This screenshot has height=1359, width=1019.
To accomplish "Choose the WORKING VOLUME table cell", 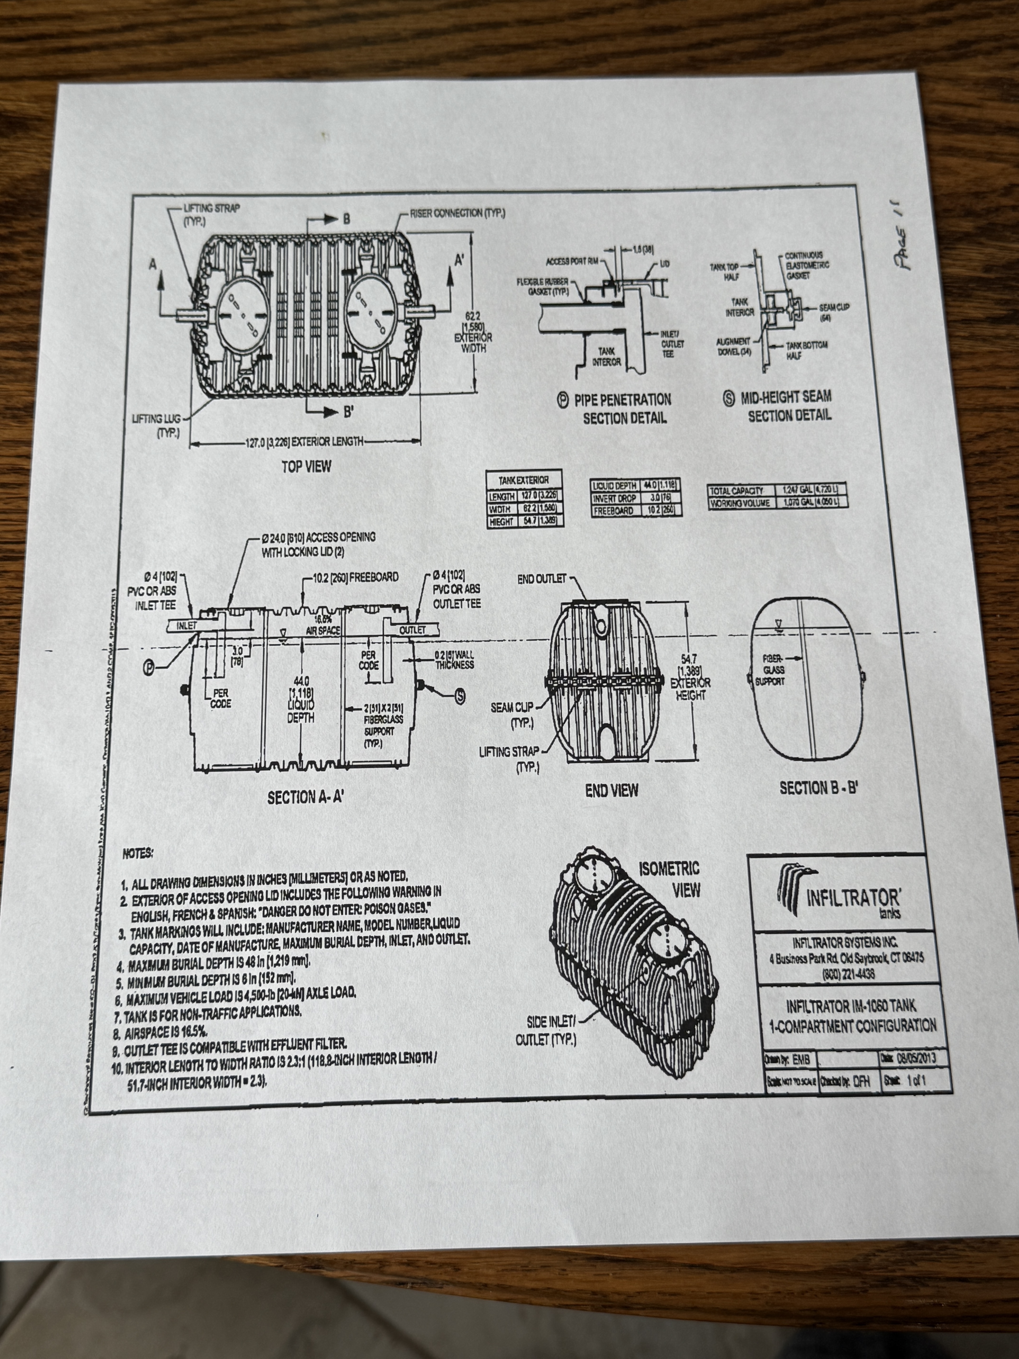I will [x=740, y=502].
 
